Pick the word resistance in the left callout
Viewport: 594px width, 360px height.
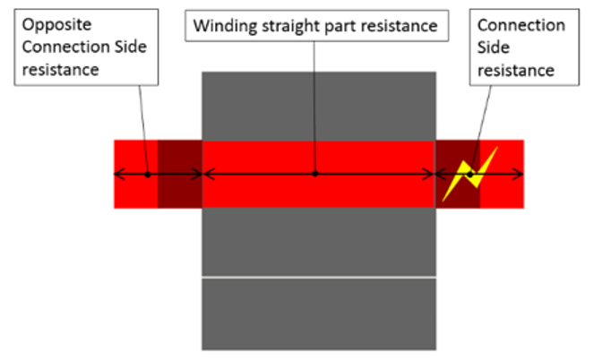(x=62, y=69)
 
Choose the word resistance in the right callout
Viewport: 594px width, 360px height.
(x=514, y=69)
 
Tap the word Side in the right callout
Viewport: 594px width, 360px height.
(x=495, y=47)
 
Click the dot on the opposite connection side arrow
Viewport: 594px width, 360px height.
(x=148, y=174)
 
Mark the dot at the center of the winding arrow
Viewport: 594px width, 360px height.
(x=315, y=174)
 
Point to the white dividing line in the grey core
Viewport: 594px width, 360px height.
(x=318, y=278)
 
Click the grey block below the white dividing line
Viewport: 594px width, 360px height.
(x=318, y=313)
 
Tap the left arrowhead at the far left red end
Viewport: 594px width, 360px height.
(x=117, y=174)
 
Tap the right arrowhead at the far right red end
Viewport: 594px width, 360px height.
(x=520, y=174)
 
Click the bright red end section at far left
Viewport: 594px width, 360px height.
(x=134, y=193)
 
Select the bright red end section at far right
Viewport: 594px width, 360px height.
(x=502, y=193)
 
